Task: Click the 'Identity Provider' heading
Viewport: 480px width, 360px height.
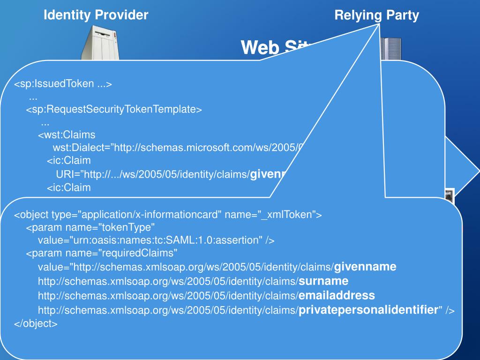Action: pyautogui.click(x=96, y=15)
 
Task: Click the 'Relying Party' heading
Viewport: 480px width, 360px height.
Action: pyautogui.click(x=376, y=15)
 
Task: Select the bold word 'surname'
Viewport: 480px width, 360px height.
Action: pyautogui.click(x=323, y=281)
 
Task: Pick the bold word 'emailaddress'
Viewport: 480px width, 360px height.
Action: pyautogui.click(x=337, y=295)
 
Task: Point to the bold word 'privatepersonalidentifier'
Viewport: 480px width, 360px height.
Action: pyautogui.click(x=368, y=309)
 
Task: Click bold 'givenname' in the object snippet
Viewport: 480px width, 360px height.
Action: pyautogui.click(x=365, y=267)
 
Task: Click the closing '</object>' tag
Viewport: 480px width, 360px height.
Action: pyautogui.click(x=36, y=323)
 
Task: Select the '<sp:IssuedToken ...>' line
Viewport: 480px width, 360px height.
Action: pyautogui.click(x=63, y=84)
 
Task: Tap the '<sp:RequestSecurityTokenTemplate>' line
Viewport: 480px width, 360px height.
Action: pyautogui.click(x=113, y=110)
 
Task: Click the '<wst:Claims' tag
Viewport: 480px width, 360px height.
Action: pyautogui.click(x=67, y=135)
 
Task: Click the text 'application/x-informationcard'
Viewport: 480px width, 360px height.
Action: pyautogui.click(x=151, y=215)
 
